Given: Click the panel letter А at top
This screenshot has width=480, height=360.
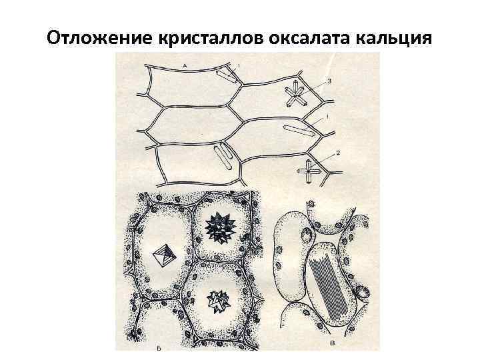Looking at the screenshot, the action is tap(184, 65).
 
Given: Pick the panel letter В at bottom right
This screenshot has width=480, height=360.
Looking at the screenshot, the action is tap(333, 344).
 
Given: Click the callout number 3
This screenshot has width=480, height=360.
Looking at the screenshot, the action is tap(328, 80).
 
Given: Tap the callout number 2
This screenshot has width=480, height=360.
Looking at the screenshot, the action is tap(337, 153).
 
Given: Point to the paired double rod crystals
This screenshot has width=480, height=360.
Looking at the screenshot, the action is tap(223, 157).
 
